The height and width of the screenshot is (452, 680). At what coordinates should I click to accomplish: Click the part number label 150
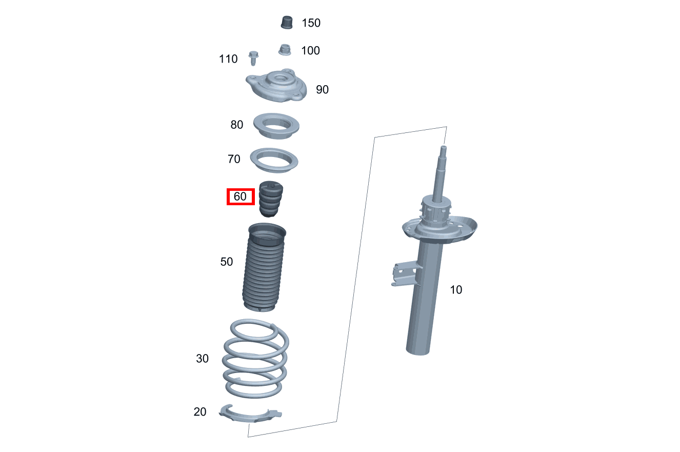click(311, 23)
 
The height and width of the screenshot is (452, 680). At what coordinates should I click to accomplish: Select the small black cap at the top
click(287, 22)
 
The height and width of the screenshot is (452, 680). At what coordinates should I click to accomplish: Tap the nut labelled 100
click(285, 50)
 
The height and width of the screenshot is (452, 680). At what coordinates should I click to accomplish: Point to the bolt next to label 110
click(253, 57)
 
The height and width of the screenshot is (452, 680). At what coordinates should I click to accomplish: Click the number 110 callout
click(228, 59)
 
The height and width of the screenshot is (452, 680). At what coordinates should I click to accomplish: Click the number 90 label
click(322, 90)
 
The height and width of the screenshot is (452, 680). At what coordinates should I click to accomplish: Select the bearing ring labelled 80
click(276, 126)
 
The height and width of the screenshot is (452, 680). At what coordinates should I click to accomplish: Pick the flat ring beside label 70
click(274, 160)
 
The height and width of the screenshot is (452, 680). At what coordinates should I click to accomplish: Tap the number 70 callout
click(234, 160)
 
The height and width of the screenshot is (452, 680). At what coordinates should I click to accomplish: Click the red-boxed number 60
click(241, 196)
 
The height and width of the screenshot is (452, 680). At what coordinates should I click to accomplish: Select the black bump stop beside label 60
click(271, 199)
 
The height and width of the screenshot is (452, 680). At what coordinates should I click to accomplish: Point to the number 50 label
click(226, 262)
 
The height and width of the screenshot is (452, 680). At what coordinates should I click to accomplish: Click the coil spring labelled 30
click(255, 359)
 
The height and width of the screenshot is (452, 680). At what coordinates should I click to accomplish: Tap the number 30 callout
click(203, 359)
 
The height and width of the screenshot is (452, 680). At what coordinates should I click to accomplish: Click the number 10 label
click(456, 290)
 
